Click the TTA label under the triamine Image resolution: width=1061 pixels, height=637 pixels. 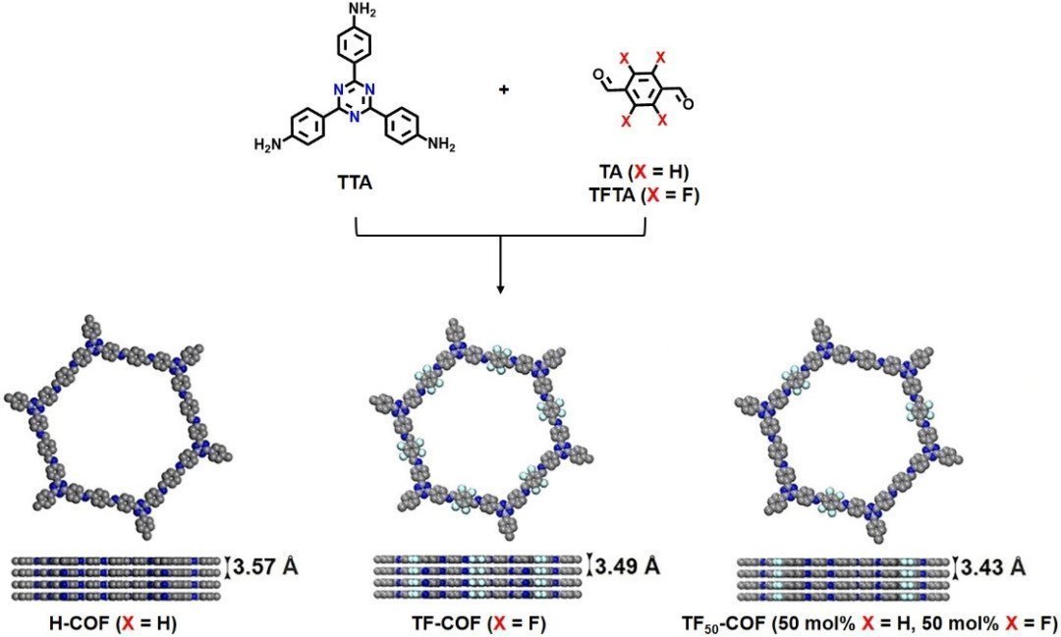click(x=355, y=183)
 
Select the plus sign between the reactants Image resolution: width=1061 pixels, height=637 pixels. click(x=503, y=89)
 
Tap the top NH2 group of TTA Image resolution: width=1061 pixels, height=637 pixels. click(x=360, y=12)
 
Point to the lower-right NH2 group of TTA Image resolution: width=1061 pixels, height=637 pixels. click(x=441, y=144)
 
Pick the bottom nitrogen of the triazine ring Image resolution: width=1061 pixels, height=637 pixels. click(x=354, y=116)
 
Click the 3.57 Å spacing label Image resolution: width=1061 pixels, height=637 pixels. click(x=265, y=566)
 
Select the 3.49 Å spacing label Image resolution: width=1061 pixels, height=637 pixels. click(x=627, y=565)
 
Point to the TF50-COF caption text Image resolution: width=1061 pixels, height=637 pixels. click(x=868, y=622)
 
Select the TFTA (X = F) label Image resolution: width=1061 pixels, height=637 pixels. click(x=643, y=195)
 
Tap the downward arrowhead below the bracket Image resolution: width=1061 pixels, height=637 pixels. click(x=500, y=289)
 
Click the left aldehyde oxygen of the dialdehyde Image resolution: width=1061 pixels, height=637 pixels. click(x=597, y=73)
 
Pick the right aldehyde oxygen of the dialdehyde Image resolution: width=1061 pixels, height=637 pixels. click(x=688, y=104)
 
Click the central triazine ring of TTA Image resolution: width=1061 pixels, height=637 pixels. click(x=354, y=98)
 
